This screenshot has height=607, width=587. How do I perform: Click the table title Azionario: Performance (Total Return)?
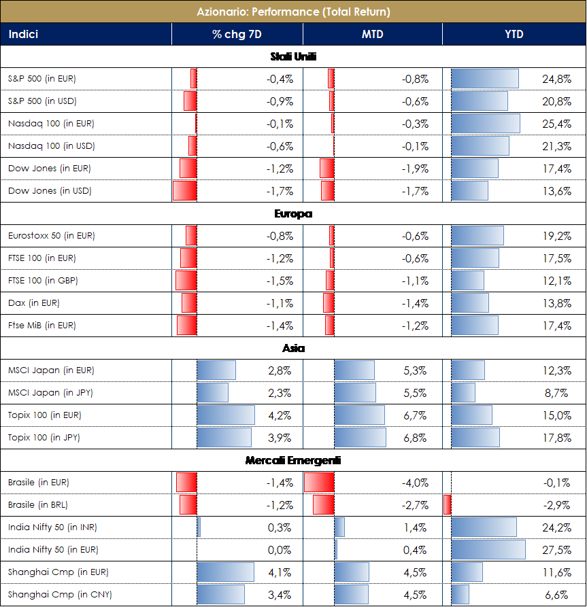coord(293,12)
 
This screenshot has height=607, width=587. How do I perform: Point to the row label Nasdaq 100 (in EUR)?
coord(51,124)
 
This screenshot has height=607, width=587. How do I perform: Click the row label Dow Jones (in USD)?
coord(50,191)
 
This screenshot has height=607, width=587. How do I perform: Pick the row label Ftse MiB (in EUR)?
coord(42,326)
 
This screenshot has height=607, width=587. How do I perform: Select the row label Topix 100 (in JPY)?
coord(44,438)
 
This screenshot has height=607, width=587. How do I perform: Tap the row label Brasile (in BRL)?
coord(38,505)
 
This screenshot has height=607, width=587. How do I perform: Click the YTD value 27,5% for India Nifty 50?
coord(557,550)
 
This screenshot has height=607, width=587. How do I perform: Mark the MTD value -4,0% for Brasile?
coord(415,483)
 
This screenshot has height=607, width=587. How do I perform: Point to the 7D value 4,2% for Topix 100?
coord(280,415)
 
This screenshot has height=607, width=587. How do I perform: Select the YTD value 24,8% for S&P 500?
coord(557,79)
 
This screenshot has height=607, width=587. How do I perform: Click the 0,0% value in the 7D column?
coord(280,550)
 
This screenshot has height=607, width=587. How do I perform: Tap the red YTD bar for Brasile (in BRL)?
coord(447,505)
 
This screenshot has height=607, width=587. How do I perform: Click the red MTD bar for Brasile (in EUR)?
coord(319,483)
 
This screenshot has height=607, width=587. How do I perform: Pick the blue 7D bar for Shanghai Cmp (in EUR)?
coord(225,572)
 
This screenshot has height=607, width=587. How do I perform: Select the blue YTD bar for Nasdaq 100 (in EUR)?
coord(486,124)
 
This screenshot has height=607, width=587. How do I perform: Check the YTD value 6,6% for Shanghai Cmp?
coord(559,595)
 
